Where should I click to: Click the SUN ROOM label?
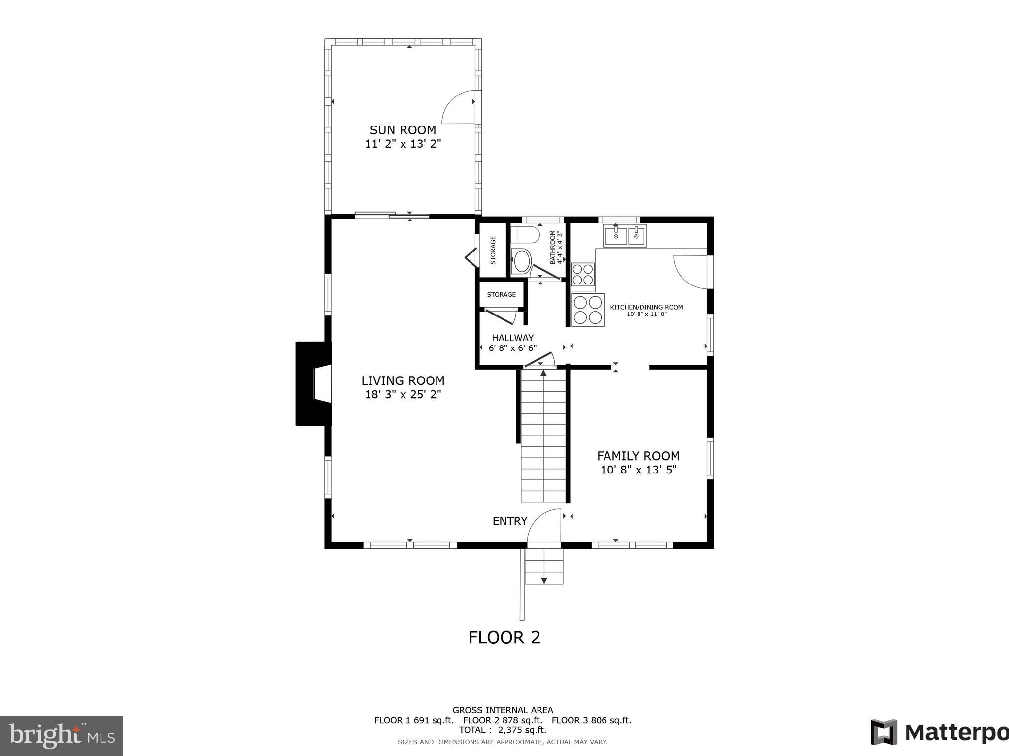(x=403, y=130)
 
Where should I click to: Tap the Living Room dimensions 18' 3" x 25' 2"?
(x=403, y=395)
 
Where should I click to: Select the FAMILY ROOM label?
(x=638, y=456)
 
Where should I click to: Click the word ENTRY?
(x=509, y=521)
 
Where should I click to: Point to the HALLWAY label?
(x=512, y=338)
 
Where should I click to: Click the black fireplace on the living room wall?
(x=310, y=383)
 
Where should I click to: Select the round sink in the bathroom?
(x=521, y=261)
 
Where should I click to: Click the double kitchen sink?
(x=625, y=236)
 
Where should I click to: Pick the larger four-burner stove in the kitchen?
(x=588, y=310)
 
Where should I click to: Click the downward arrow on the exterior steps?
(x=544, y=580)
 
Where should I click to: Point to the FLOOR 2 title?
(x=504, y=637)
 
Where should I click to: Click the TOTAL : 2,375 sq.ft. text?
(x=502, y=730)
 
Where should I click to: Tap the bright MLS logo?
(x=61, y=735)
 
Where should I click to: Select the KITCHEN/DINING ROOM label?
(x=646, y=307)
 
